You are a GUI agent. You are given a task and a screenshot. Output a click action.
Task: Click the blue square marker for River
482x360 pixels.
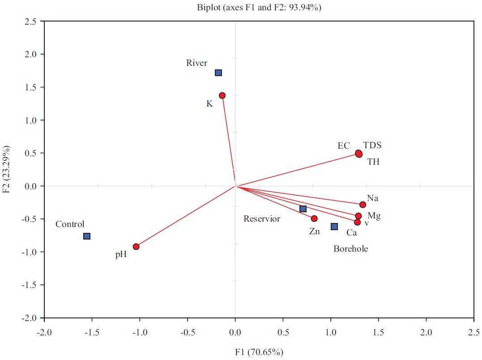coord(218,73)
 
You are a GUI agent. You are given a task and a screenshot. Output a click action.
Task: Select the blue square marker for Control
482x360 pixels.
coord(87,236)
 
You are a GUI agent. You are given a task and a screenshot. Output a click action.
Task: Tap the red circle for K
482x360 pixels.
coord(222,95)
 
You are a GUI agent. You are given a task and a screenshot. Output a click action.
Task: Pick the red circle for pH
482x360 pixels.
coord(136,247)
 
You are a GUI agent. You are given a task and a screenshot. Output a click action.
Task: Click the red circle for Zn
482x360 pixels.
coord(314,219)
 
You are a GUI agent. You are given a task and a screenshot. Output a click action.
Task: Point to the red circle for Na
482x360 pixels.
coord(363,205)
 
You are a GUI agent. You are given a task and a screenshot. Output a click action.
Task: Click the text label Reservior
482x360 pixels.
coord(262,219)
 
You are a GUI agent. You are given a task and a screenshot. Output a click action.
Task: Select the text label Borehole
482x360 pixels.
coord(350,249)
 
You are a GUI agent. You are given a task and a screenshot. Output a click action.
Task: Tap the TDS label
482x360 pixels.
coord(372,146)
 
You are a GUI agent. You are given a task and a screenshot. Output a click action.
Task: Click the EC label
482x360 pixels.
coord(344,146)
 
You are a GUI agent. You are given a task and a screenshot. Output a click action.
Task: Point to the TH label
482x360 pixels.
coord(373,162)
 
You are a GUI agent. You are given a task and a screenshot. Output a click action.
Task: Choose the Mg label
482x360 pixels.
coord(374,216)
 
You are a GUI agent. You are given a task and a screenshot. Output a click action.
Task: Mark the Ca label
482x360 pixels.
coord(351,232)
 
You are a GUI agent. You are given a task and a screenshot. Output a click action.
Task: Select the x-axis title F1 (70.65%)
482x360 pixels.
coord(259,352)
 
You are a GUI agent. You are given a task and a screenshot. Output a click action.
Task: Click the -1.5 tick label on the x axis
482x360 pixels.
coord(92,333)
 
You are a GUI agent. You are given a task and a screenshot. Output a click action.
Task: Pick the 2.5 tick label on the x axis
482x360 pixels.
coord(473,333)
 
